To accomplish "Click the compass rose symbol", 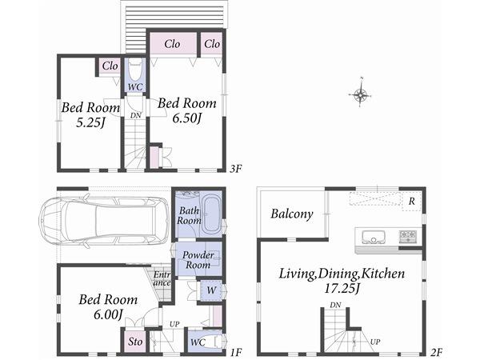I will coord(361,96).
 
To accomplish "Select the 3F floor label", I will coord(235,169).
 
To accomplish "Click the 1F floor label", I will coord(235,352).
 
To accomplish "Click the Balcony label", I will coord(291,214).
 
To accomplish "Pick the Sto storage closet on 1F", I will coord(136,342).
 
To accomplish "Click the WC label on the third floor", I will coord(135,86).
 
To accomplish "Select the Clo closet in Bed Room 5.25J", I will coord(110,66).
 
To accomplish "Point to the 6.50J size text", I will coord(186,118).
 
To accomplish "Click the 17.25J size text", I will coord(342,289).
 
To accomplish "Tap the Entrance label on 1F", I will coord(162,279).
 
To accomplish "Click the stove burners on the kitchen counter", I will coord(408,237).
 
